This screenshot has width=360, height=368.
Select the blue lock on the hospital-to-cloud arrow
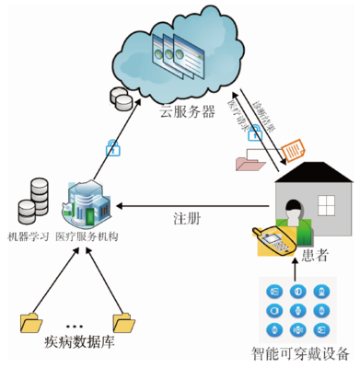click(x=111, y=146)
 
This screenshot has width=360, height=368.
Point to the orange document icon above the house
click(x=292, y=148)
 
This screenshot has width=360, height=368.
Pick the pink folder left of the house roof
click(x=251, y=164)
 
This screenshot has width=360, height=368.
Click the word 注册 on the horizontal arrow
click(x=187, y=220)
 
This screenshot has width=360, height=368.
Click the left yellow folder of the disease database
click(x=32, y=322)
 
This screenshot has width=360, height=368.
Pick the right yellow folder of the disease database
click(x=122, y=322)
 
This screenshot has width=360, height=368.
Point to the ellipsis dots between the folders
click(x=75, y=327)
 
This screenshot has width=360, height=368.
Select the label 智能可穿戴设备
click(x=301, y=354)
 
